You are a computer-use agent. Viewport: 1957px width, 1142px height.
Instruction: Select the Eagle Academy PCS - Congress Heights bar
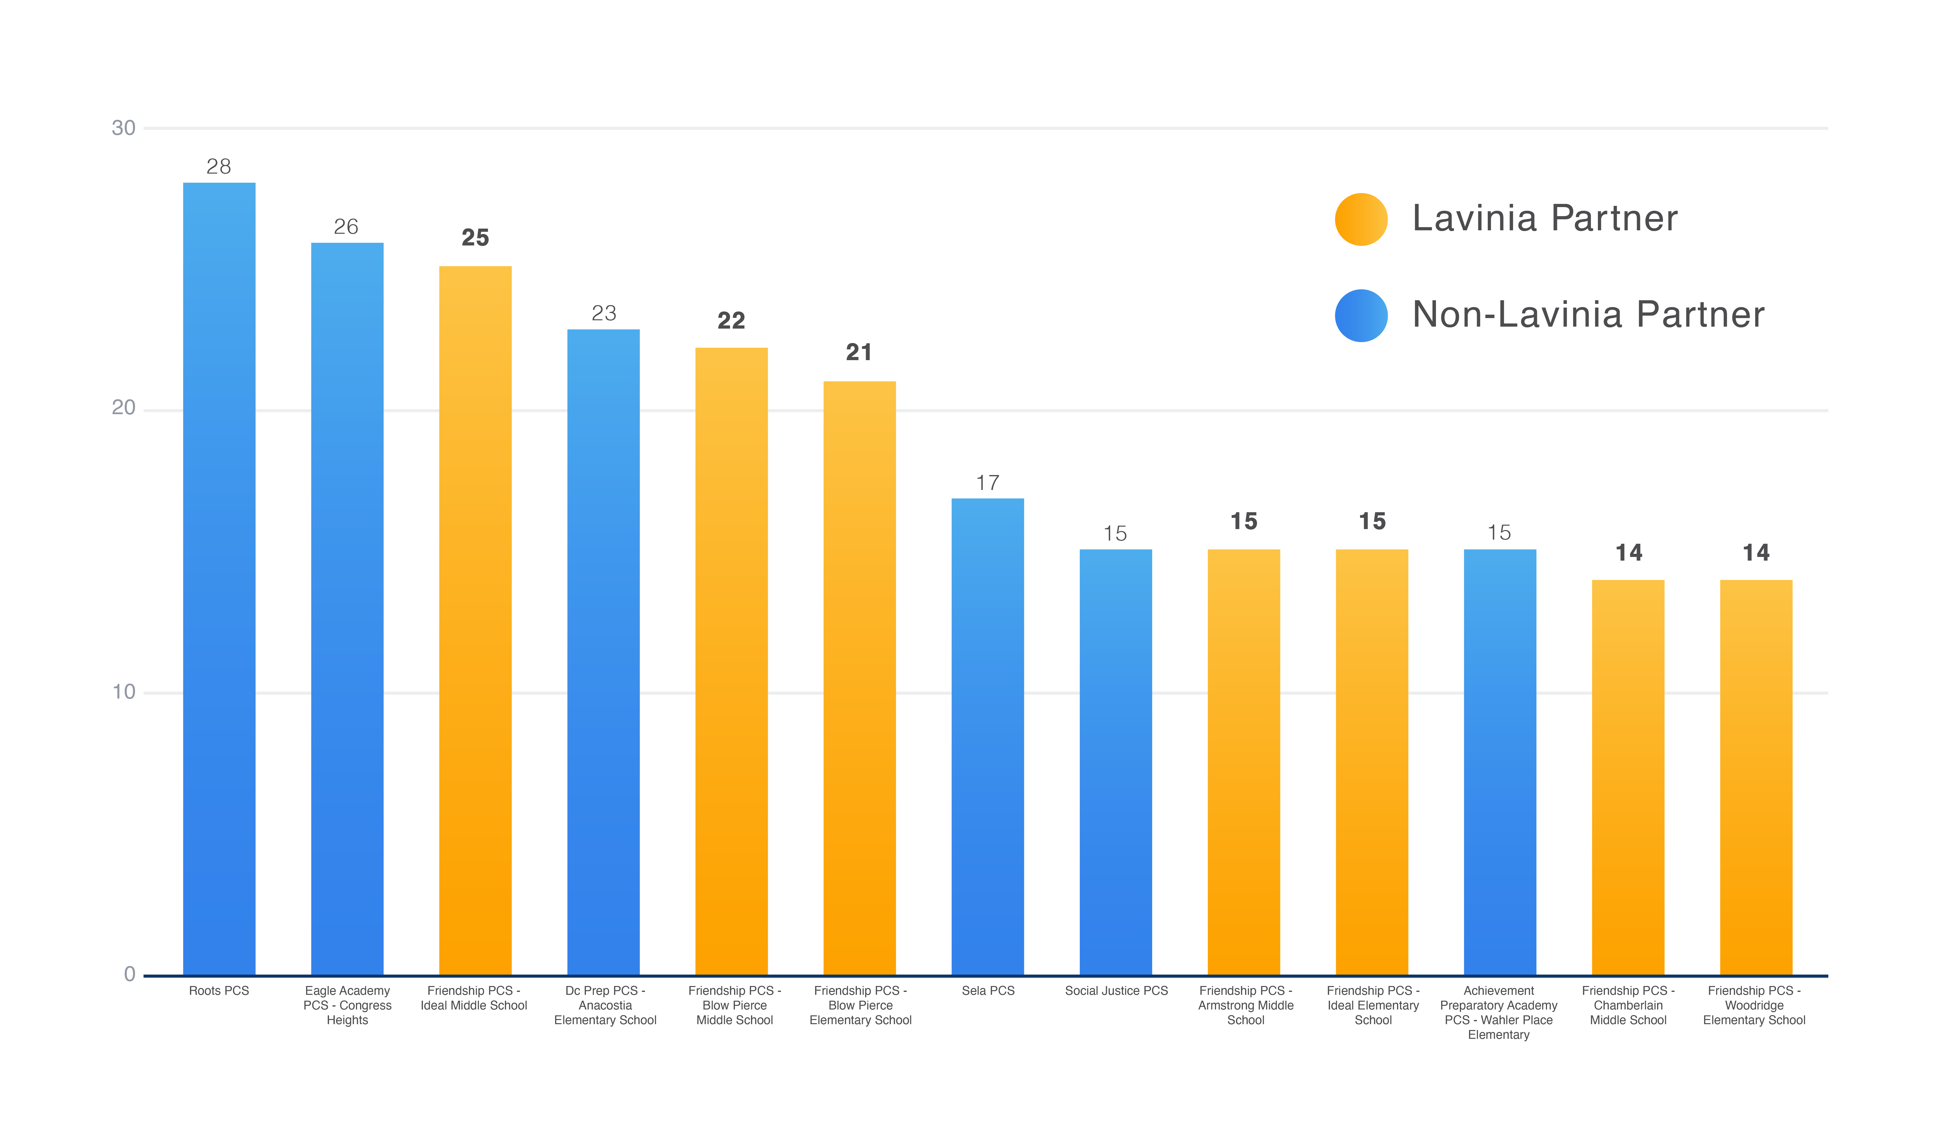347,609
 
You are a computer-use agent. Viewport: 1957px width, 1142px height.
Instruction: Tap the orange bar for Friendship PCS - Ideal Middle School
475,620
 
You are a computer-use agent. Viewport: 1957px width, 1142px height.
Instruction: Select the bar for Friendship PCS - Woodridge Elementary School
1757,777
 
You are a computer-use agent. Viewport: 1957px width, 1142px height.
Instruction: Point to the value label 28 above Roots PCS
219,166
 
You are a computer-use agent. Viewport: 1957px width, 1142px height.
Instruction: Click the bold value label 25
475,238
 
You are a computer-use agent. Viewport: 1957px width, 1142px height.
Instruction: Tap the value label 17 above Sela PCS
988,483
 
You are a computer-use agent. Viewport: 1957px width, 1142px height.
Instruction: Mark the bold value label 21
859,353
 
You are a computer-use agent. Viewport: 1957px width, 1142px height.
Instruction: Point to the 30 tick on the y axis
124,128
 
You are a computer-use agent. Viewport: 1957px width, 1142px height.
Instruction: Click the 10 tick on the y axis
124,692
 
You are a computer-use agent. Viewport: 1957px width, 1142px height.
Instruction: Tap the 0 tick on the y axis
130,974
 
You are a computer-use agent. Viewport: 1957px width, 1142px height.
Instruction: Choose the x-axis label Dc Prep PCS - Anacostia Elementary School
605,1005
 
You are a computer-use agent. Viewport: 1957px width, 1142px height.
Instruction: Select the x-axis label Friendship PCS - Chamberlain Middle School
1628,1005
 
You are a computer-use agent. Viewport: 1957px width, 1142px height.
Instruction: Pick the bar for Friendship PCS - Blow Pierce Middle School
731,661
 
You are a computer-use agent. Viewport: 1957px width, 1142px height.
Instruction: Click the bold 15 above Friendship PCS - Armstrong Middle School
1244,522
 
